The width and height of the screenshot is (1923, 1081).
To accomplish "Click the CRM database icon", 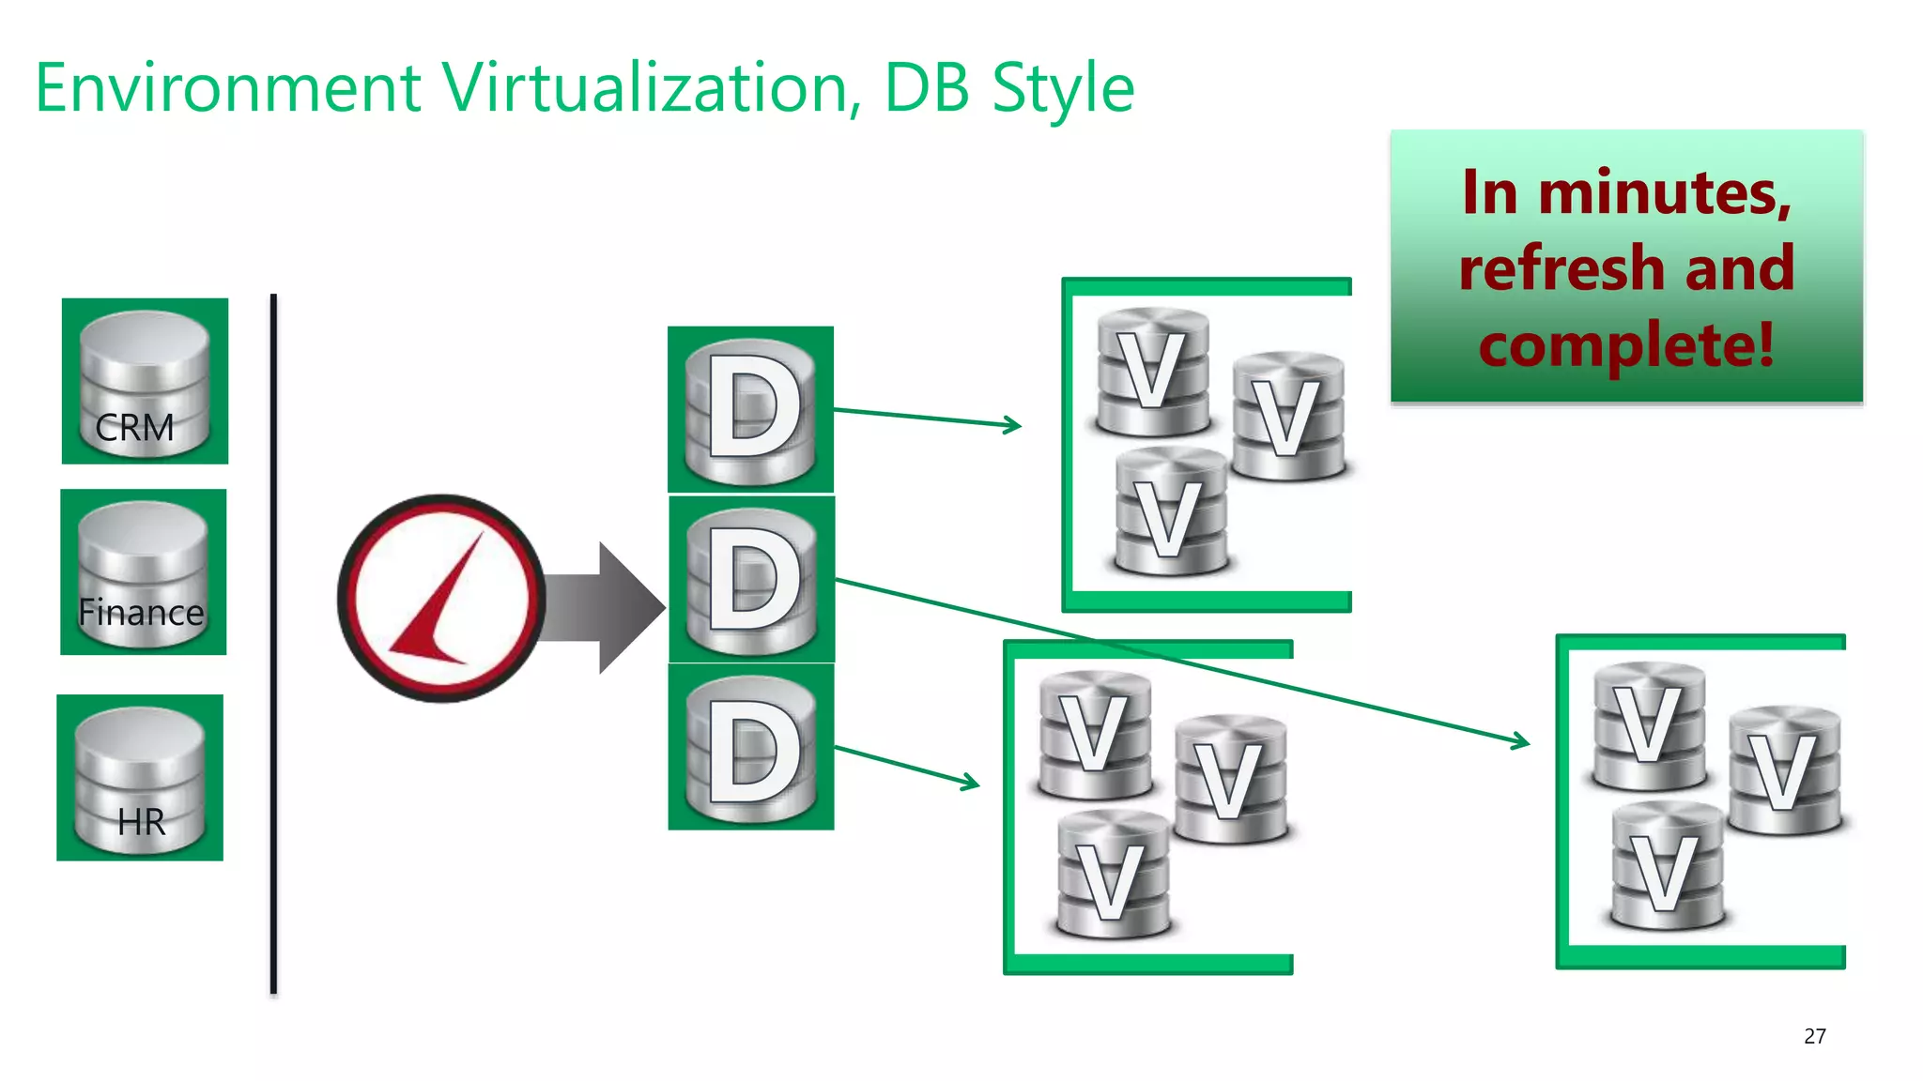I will coord(145,381).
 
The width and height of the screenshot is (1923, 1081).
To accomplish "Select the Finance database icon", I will coord(143,571).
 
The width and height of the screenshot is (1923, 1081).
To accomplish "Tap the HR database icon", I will coord(140,778).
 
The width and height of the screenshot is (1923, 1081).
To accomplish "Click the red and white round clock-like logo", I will coord(441,599).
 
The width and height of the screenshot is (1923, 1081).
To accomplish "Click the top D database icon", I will coord(750,409).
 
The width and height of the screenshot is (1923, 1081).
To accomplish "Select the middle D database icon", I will coord(751,579).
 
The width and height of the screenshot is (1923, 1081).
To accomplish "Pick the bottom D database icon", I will coord(751,747).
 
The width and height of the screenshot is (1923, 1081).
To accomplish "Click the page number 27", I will coord(1814,1036).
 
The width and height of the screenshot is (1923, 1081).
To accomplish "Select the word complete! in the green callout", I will coord(1626,344).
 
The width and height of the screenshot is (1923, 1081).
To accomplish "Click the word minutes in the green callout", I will coord(1662,192).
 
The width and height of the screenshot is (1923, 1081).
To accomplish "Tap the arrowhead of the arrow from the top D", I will coord(1014,425).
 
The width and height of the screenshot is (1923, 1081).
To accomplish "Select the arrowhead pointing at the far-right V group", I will coord(1522,742).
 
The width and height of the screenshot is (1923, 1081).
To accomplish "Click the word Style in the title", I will coord(1063,88).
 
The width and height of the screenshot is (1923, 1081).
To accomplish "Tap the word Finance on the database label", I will coord(141,613).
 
